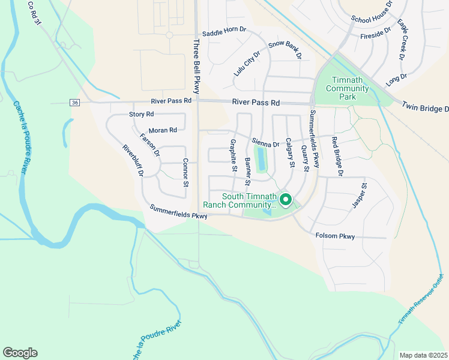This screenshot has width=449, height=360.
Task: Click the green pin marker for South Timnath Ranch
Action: click(286, 200)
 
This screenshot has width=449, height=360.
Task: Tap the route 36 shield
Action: click(74, 103)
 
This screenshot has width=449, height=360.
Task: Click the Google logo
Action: click(20, 353)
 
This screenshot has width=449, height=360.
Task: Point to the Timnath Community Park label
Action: click(347, 88)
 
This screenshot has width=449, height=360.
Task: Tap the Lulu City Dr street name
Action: click(247, 63)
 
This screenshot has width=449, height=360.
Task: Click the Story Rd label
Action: click(142, 114)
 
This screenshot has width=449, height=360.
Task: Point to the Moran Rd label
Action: click(162, 130)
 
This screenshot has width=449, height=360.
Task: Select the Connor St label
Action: click(185, 173)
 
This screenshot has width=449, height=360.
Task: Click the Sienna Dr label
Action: click(265, 144)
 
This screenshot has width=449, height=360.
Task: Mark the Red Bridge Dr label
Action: click(336, 156)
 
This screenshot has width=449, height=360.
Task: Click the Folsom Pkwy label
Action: click(335, 236)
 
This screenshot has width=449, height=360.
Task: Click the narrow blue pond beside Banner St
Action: click(261, 160)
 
